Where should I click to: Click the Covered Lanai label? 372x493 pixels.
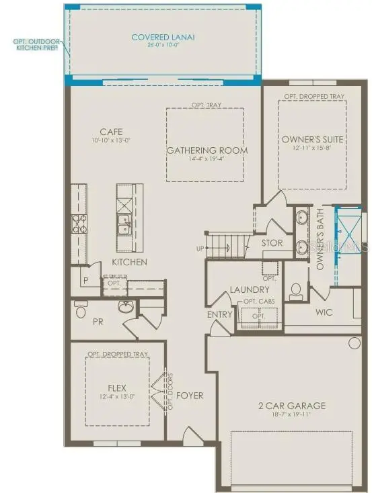click(163, 38)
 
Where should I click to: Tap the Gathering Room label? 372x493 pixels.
click(207, 150)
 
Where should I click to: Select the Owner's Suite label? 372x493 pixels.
click(313, 139)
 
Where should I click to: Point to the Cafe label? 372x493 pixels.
click(110, 132)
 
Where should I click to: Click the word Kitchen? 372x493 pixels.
click(130, 262)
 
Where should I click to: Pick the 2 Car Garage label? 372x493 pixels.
click(292, 406)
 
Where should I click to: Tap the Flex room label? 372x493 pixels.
click(117, 388)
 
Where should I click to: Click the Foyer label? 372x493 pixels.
click(190, 396)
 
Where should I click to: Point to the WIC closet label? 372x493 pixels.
click(324, 312)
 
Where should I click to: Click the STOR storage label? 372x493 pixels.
click(272, 243)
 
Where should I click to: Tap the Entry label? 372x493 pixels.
click(220, 314)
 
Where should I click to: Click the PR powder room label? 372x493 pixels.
click(97, 322)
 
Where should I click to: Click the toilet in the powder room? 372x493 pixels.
click(81, 310)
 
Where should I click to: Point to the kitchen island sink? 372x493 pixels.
click(125, 224)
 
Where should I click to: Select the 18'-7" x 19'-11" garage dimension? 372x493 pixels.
click(292, 417)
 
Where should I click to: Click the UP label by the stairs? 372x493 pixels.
click(199, 249)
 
